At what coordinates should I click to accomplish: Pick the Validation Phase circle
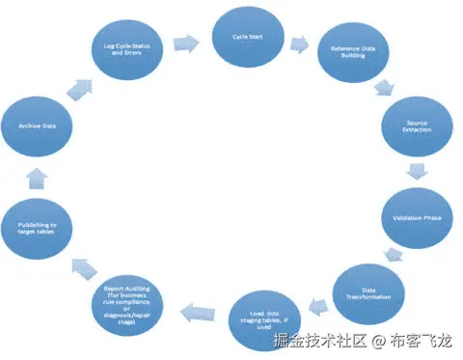pos(418,218)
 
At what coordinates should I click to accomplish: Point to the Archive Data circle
pos(35,125)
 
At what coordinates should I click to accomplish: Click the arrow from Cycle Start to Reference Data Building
pos(300,43)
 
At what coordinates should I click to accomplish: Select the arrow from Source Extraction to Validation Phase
pos(417,173)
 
